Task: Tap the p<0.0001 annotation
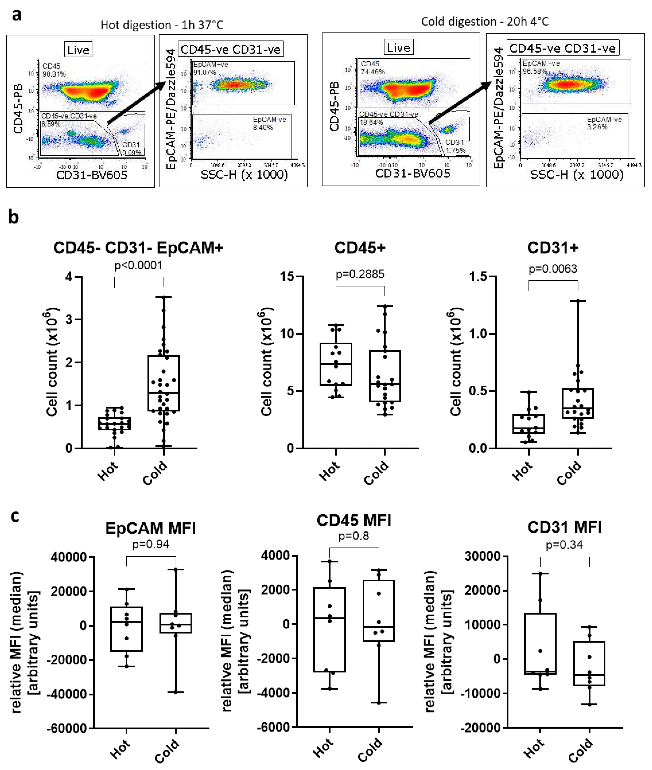tap(138, 265)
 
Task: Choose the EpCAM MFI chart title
tap(150, 528)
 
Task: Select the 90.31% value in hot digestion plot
tap(54, 74)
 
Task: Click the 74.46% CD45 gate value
tap(373, 72)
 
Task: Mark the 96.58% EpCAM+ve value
tap(534, 71)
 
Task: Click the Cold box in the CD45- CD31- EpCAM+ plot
tap(163, 383)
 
